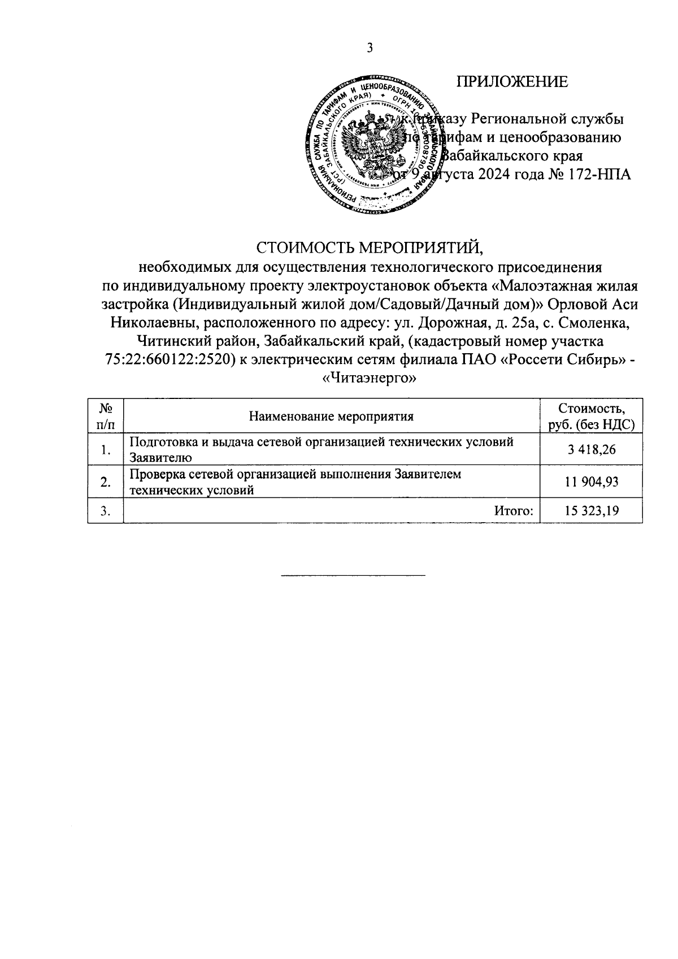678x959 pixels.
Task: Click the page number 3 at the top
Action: (x=370, y=48)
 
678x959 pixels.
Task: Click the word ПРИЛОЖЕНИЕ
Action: (x=512, y=82)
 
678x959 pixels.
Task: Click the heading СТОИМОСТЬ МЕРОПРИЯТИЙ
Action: (x=371, y=248)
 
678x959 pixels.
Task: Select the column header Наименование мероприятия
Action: (x=332, y=417)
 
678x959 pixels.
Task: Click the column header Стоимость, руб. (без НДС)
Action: (x=592, y=416)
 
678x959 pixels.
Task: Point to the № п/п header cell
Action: (x=105, y=416)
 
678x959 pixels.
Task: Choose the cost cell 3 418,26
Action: (x=592, y=450)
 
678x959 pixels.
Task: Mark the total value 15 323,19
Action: (x=592, y=511)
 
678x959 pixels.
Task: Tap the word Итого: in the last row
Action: (x=514, y=511)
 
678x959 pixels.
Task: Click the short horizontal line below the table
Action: (x=353, y=575)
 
